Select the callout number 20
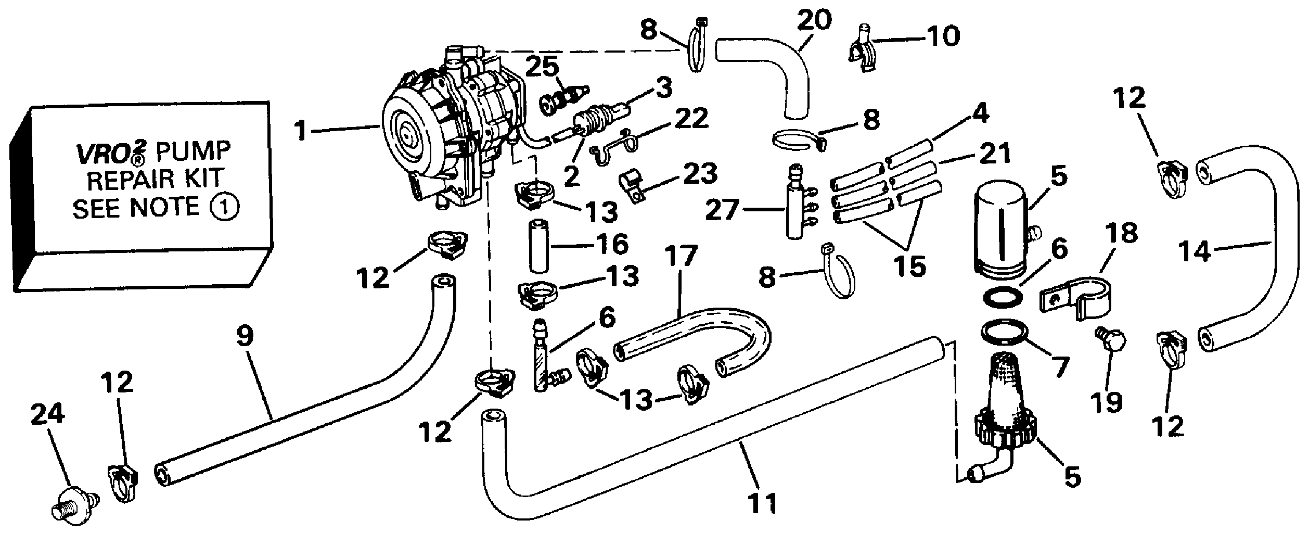click(x=814, y=21)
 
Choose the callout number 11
click(x=763, y=503)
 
